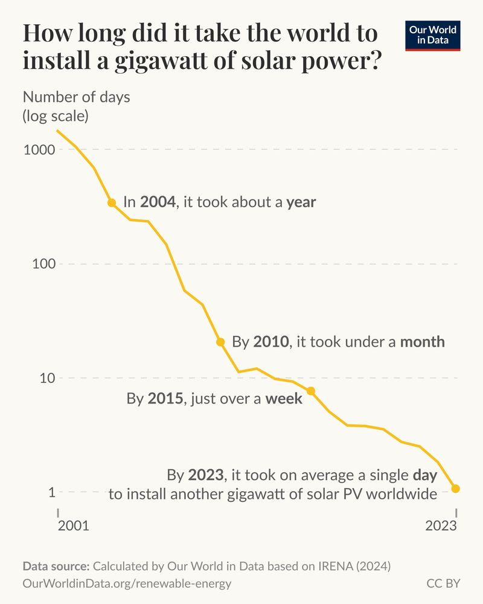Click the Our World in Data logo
tap(432, 36)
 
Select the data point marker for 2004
tap(112, 203)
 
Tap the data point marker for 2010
tap(220, 342)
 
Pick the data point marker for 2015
tap(311, 391)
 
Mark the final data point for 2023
tap(456, 488)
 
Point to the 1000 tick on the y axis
tap(39, 150)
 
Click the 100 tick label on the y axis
tap(43, 264)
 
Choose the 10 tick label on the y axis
tap(47, 378)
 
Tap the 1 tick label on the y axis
tap(51, 492)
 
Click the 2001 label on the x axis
tap(73, 525)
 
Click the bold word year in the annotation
tap(301, 202)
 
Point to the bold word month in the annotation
tap(423, 342)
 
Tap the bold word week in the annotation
tap(284, 399)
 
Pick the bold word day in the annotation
tap(425, 475)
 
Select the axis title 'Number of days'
tap(76, 97)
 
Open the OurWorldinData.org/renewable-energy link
tap(127, 584)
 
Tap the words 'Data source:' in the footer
tap(56, 567)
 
